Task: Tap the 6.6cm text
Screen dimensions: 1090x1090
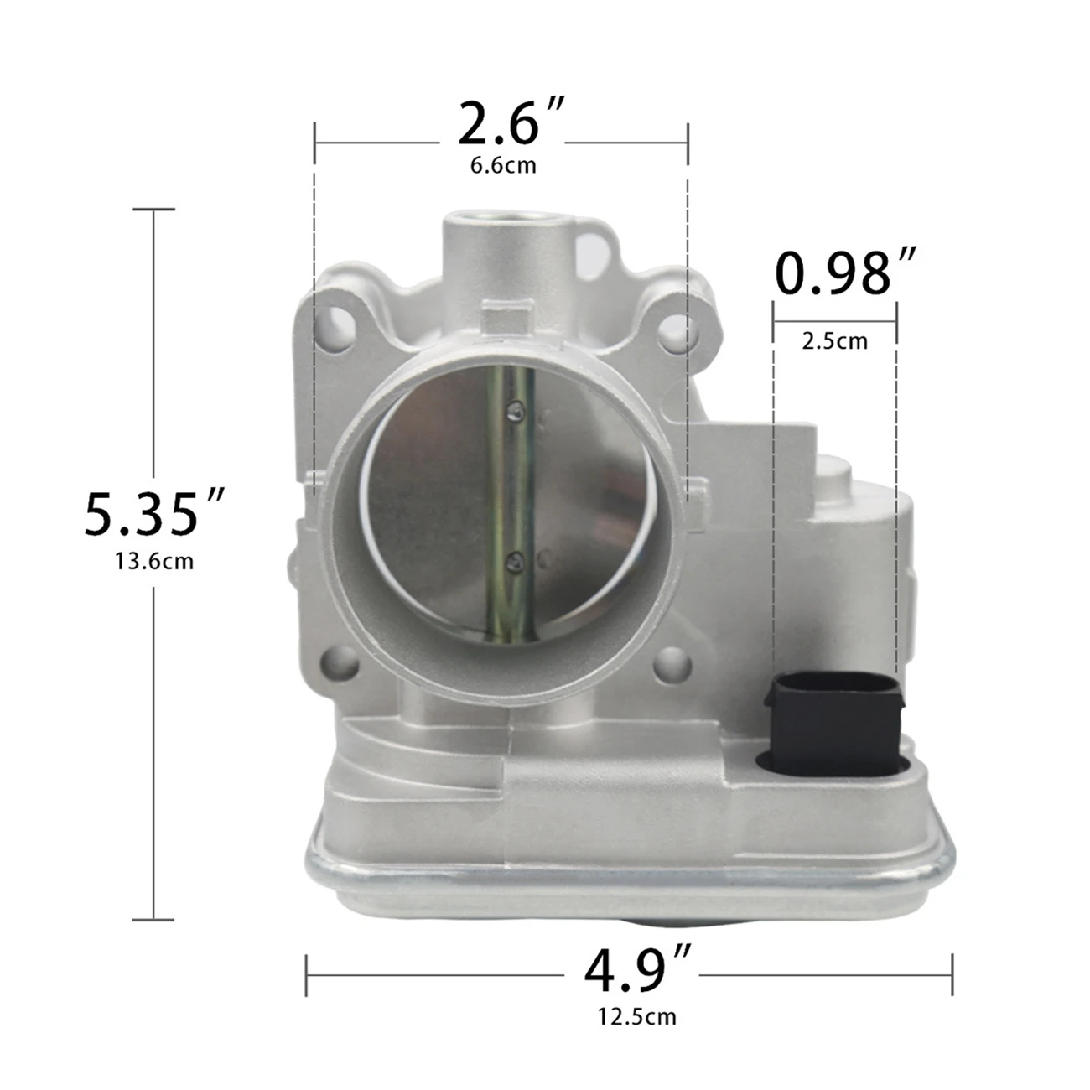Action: coord(503,164)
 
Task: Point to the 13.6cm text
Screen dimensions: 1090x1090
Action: coord(154,560)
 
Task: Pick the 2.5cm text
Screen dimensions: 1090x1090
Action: coord(834,341)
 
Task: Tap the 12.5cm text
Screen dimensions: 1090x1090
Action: coord(636,1017)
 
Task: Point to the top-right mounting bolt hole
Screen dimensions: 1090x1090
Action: coord(676,334)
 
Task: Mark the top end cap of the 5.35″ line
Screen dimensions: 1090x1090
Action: coord(154,210)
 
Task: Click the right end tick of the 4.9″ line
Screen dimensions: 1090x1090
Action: coord(952,974)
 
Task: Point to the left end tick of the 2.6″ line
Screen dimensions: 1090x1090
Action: coord(314,143)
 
